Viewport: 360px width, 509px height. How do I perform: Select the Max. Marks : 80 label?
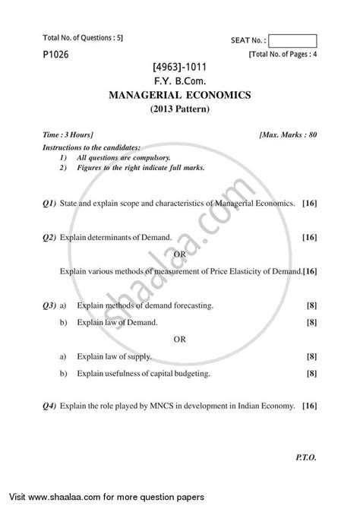(296, 134)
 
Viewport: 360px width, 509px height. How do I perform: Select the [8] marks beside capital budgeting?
(311, 374)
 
